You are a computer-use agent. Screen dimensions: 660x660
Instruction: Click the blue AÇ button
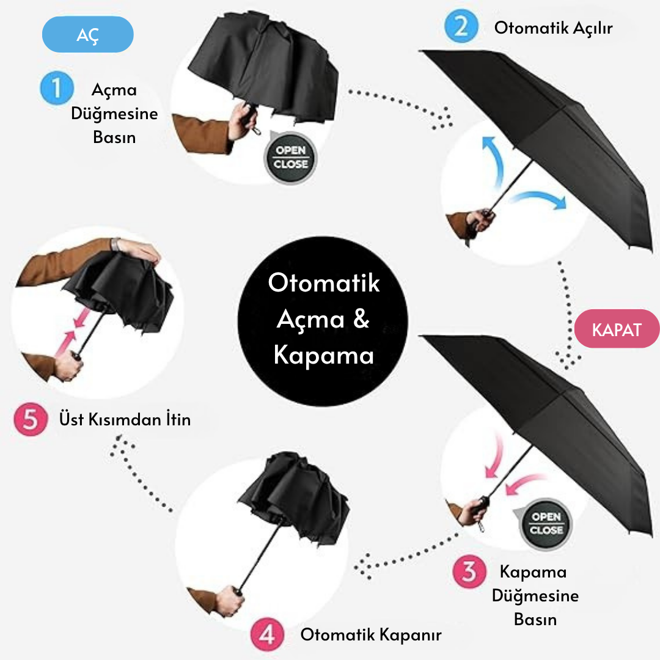click(x=87, y=34)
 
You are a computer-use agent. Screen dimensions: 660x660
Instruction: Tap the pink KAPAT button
click(x=616, y=330)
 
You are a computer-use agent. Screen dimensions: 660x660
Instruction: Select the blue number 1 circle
click(x=57, y=89)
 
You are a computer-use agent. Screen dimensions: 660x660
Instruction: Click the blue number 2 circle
click(x=461, y=27)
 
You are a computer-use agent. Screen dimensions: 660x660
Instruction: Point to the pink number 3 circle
click(x=469, y=572)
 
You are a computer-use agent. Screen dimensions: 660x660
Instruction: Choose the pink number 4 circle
click(x=268, y=635)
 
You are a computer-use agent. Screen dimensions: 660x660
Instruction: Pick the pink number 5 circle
click(x=30, y=420)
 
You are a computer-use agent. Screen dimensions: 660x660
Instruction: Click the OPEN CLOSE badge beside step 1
click(x=290, y=158)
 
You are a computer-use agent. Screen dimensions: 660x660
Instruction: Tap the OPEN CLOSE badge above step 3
click(x=545, y=524)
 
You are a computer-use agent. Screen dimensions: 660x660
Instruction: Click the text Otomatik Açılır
click(x=553, y=28)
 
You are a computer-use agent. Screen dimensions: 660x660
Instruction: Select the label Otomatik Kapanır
click(x=370, y=635)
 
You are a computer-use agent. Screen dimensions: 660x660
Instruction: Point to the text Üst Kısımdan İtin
click(x=125, y=420)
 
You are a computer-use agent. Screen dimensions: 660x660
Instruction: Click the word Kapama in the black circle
click(x=323, y=354)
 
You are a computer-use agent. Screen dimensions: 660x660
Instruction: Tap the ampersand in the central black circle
click(x=361, y=319)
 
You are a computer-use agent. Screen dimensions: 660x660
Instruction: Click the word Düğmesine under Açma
click(x=114, y=114)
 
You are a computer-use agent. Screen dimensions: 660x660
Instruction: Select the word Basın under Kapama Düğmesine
click(x=535, y=619)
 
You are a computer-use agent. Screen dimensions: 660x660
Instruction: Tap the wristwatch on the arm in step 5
click(x=116, y=244)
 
